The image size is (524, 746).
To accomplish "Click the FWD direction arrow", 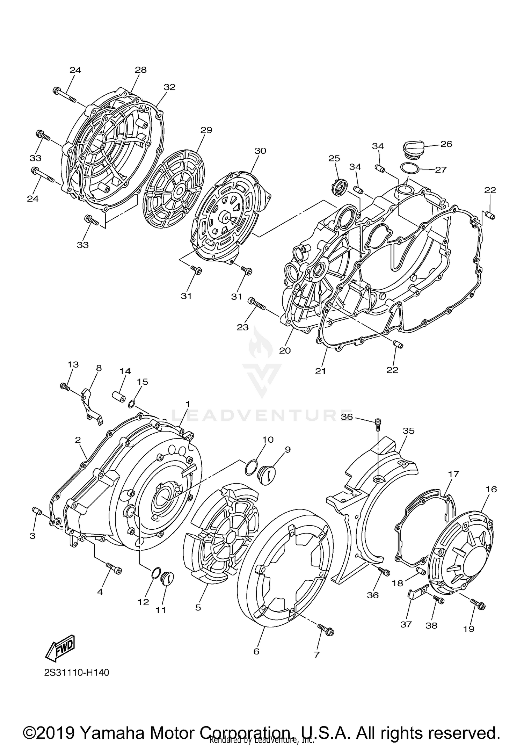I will [x=60, y=648].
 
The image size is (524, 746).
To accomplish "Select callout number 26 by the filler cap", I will [x=446, y=144].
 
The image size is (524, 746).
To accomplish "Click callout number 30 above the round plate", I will [x=260, y=151].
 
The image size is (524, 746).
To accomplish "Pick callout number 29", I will [x=206, y=130].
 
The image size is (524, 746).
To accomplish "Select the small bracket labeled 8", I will [x=92, y=405].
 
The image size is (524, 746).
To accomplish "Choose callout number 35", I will [x=408, y=431].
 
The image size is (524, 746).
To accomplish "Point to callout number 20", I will [x=285, y=350].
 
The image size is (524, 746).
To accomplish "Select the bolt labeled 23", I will [x=257, y=304].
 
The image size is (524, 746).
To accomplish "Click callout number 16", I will [x=491, y=489].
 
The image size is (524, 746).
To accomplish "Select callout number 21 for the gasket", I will [x=320, y=371].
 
